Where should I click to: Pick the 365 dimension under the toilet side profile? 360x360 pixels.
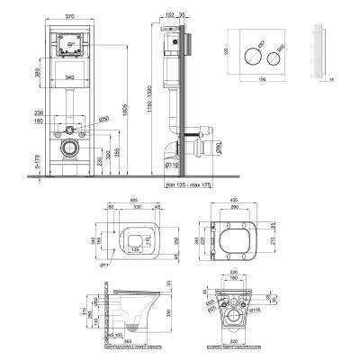coord(129,342)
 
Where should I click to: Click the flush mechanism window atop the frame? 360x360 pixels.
coord(69,43)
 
